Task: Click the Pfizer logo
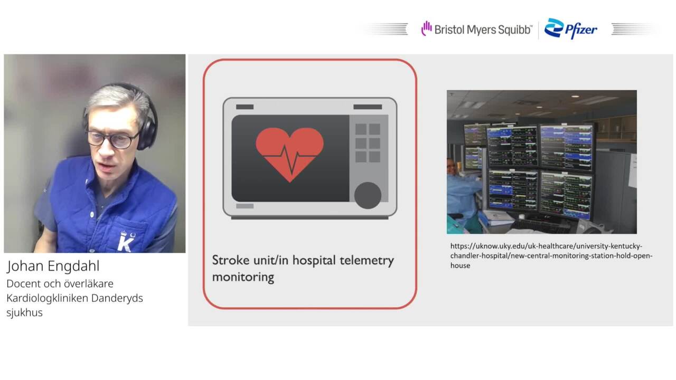pos(570,28)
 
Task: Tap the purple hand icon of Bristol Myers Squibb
pos(426,28)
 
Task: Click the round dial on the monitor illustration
pos(368,195)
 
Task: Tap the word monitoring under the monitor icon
pos(243,278)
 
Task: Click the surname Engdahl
pos(73,267)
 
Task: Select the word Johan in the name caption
pos(26,267)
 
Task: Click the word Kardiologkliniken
pos(47,298)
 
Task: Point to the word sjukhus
pos(24,313)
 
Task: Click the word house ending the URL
pos(460,265)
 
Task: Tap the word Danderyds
pos(117,299)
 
